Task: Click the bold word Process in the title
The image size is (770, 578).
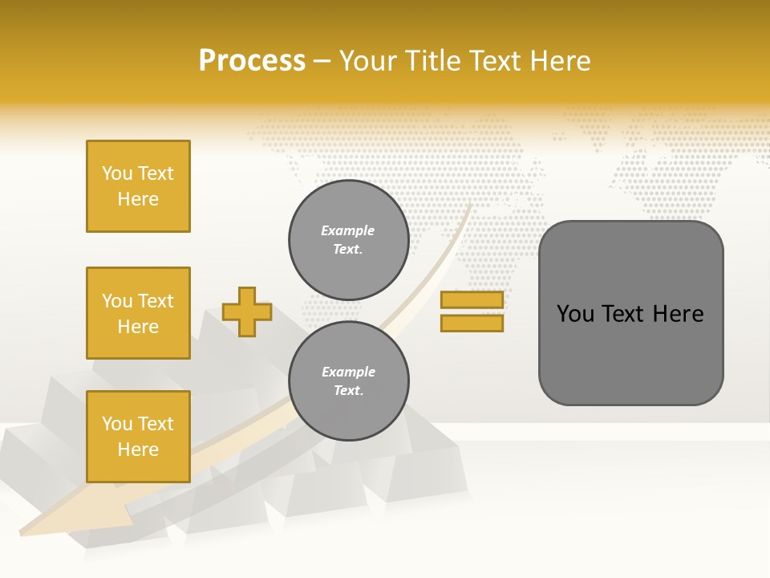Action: [252, 61]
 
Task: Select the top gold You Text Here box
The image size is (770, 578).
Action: [138, 186]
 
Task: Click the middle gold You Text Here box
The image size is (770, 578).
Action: [138, 313]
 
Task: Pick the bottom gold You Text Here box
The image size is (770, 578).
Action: [138, 437]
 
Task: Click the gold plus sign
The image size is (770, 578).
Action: [247, 311]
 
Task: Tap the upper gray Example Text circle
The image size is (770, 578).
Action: [348, 240]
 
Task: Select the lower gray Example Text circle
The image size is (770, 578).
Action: [348, 381]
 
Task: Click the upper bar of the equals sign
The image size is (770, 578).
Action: [472, 299]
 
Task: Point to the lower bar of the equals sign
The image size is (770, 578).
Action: [472, 323]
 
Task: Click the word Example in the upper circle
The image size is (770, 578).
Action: [347, 230]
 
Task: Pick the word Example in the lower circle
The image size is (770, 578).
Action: [348, 372]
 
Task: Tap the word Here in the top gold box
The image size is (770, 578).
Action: [138, 199]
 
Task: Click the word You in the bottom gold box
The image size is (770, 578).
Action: [116, 424]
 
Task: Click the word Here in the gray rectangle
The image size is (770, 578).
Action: [678, 314]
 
